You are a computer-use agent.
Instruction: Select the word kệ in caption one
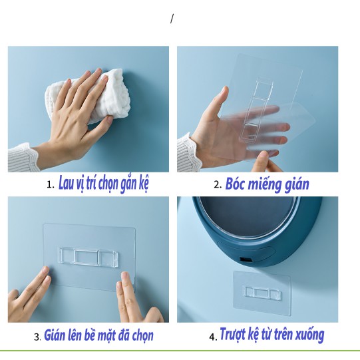[x=143, y=184]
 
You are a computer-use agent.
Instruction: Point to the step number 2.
[x=217, y=184]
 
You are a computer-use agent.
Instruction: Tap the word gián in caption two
[x=297, y=185]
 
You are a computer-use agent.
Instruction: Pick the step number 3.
[x=37, y=337]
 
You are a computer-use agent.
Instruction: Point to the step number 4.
[x=212, y=337]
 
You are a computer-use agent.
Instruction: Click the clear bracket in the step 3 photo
[x=89, y=256]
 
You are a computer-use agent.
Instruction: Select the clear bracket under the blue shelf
[x=263, y=293]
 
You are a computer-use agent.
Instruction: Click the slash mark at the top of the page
[x=172, y=19]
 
